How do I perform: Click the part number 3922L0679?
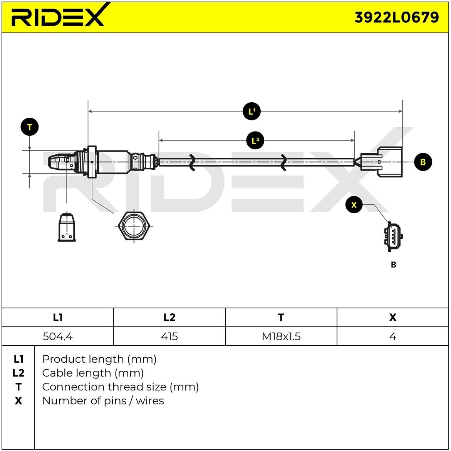tap(397, 17)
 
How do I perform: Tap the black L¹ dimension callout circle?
tap(251, 111)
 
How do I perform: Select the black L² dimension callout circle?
tap(255, 140)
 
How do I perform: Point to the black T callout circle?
tap(30, 127)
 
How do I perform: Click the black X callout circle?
tap(354, 204)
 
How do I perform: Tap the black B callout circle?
tap(423, 162)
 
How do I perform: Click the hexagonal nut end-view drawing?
tap(134, 226)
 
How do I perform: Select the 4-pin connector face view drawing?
tap(393, 236)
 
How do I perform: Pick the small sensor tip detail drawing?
tap(67, 227)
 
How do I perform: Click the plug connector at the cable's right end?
tap(381, 162)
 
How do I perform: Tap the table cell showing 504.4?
tap(57, 336)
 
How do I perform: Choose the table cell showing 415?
tap(169, 336)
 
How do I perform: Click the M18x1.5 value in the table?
tap(281, 336)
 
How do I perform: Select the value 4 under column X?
tap(392, 336)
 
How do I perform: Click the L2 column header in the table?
tap(169, 317)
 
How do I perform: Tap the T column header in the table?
tap(281, 317)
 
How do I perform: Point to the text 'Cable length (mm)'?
tap(93, 373)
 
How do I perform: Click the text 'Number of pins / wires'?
tap(103, 400)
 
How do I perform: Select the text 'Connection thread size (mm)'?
tap(120, 387)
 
